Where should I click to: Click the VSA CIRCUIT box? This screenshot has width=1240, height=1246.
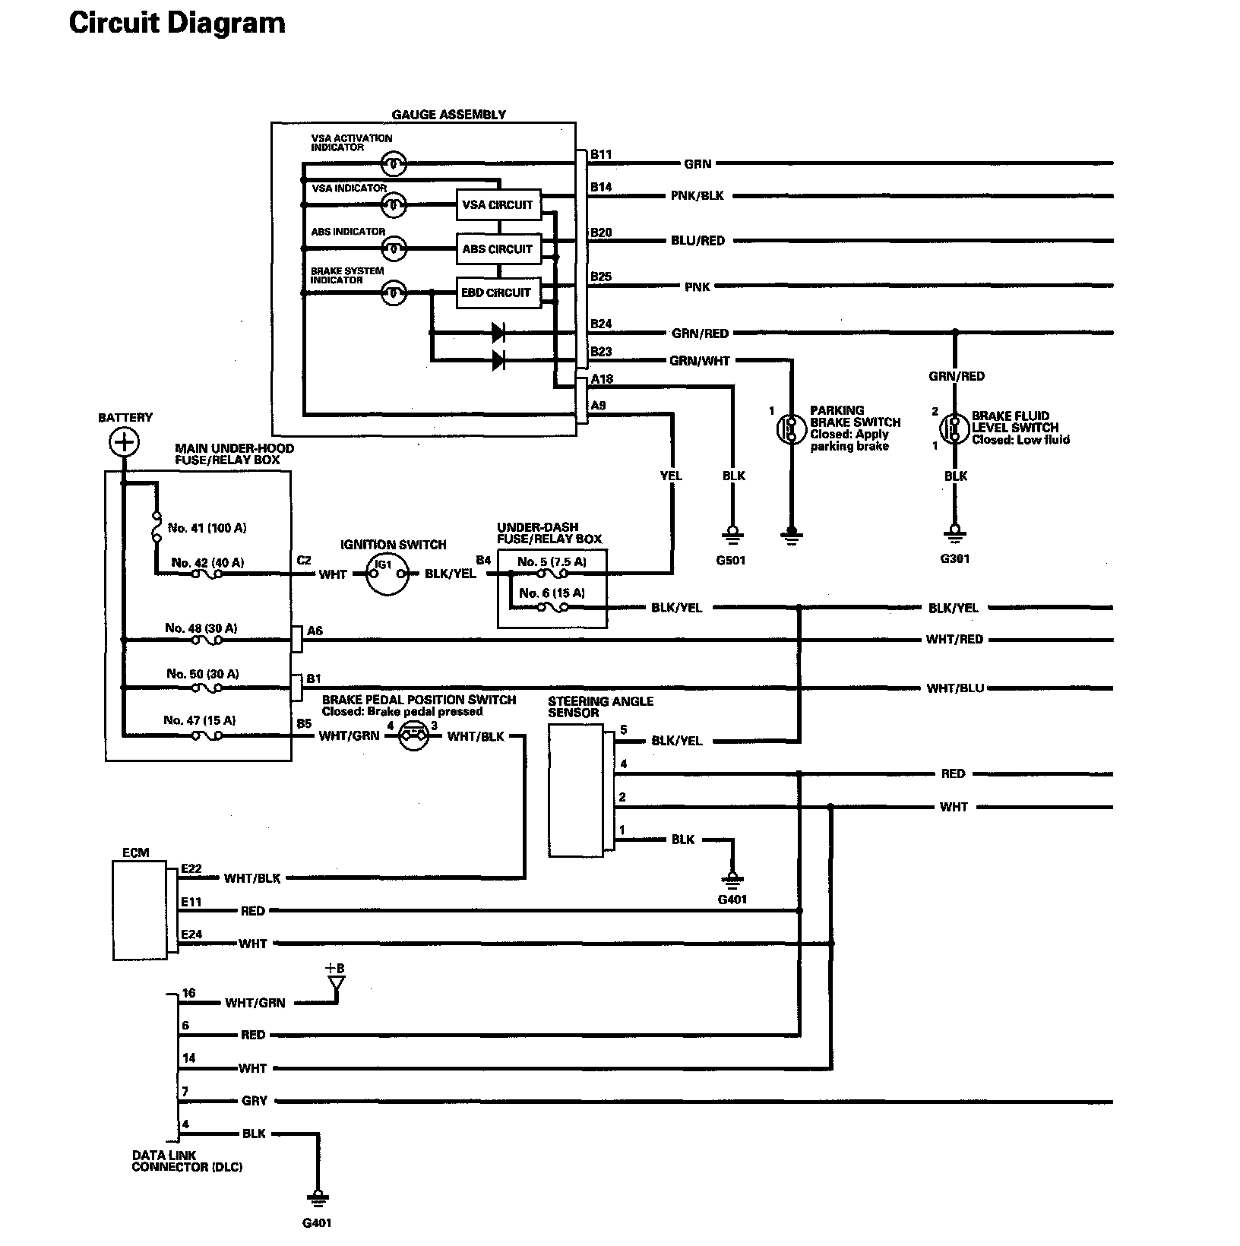[x=498, y=204]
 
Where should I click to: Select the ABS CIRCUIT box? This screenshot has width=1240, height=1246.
[x=498, y=248]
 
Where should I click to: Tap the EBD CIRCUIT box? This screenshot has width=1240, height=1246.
[x=498, y=293]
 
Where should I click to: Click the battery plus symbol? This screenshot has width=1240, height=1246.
[x=124, y=441]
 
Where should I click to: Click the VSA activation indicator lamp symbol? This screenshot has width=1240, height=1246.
[x=394, y=163]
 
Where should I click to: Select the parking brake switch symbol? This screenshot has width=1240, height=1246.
[x=791, y=428]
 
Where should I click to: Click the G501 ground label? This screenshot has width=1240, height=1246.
[x=732, y=561]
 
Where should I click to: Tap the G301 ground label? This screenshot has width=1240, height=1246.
[x=955, y=559]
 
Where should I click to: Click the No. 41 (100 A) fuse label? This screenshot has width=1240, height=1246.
[x=207, y=528]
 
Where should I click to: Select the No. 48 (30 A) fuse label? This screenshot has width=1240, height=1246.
[x=201, y=628]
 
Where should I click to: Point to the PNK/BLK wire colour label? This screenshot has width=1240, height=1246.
[x=697, y=196]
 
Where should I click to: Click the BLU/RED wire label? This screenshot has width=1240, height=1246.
[x=697, y=241]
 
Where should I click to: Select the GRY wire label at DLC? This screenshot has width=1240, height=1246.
[x=254, y=1101]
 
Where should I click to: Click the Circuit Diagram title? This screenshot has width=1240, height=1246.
[x=177, y=24]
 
